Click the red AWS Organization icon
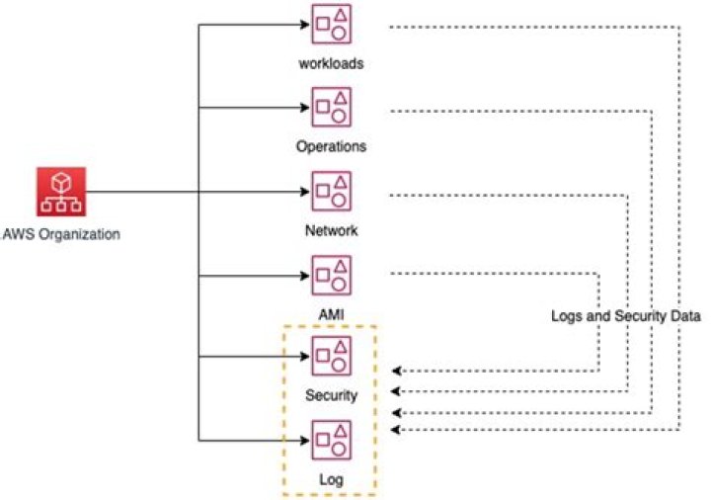click(61, 192)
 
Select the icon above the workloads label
click(331, 25)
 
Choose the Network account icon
click(331, 192)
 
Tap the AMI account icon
click(331, 274)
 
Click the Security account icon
click(331, 356)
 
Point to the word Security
click(331, 395)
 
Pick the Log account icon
click(331, 440)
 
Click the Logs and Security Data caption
click(626, 317)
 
